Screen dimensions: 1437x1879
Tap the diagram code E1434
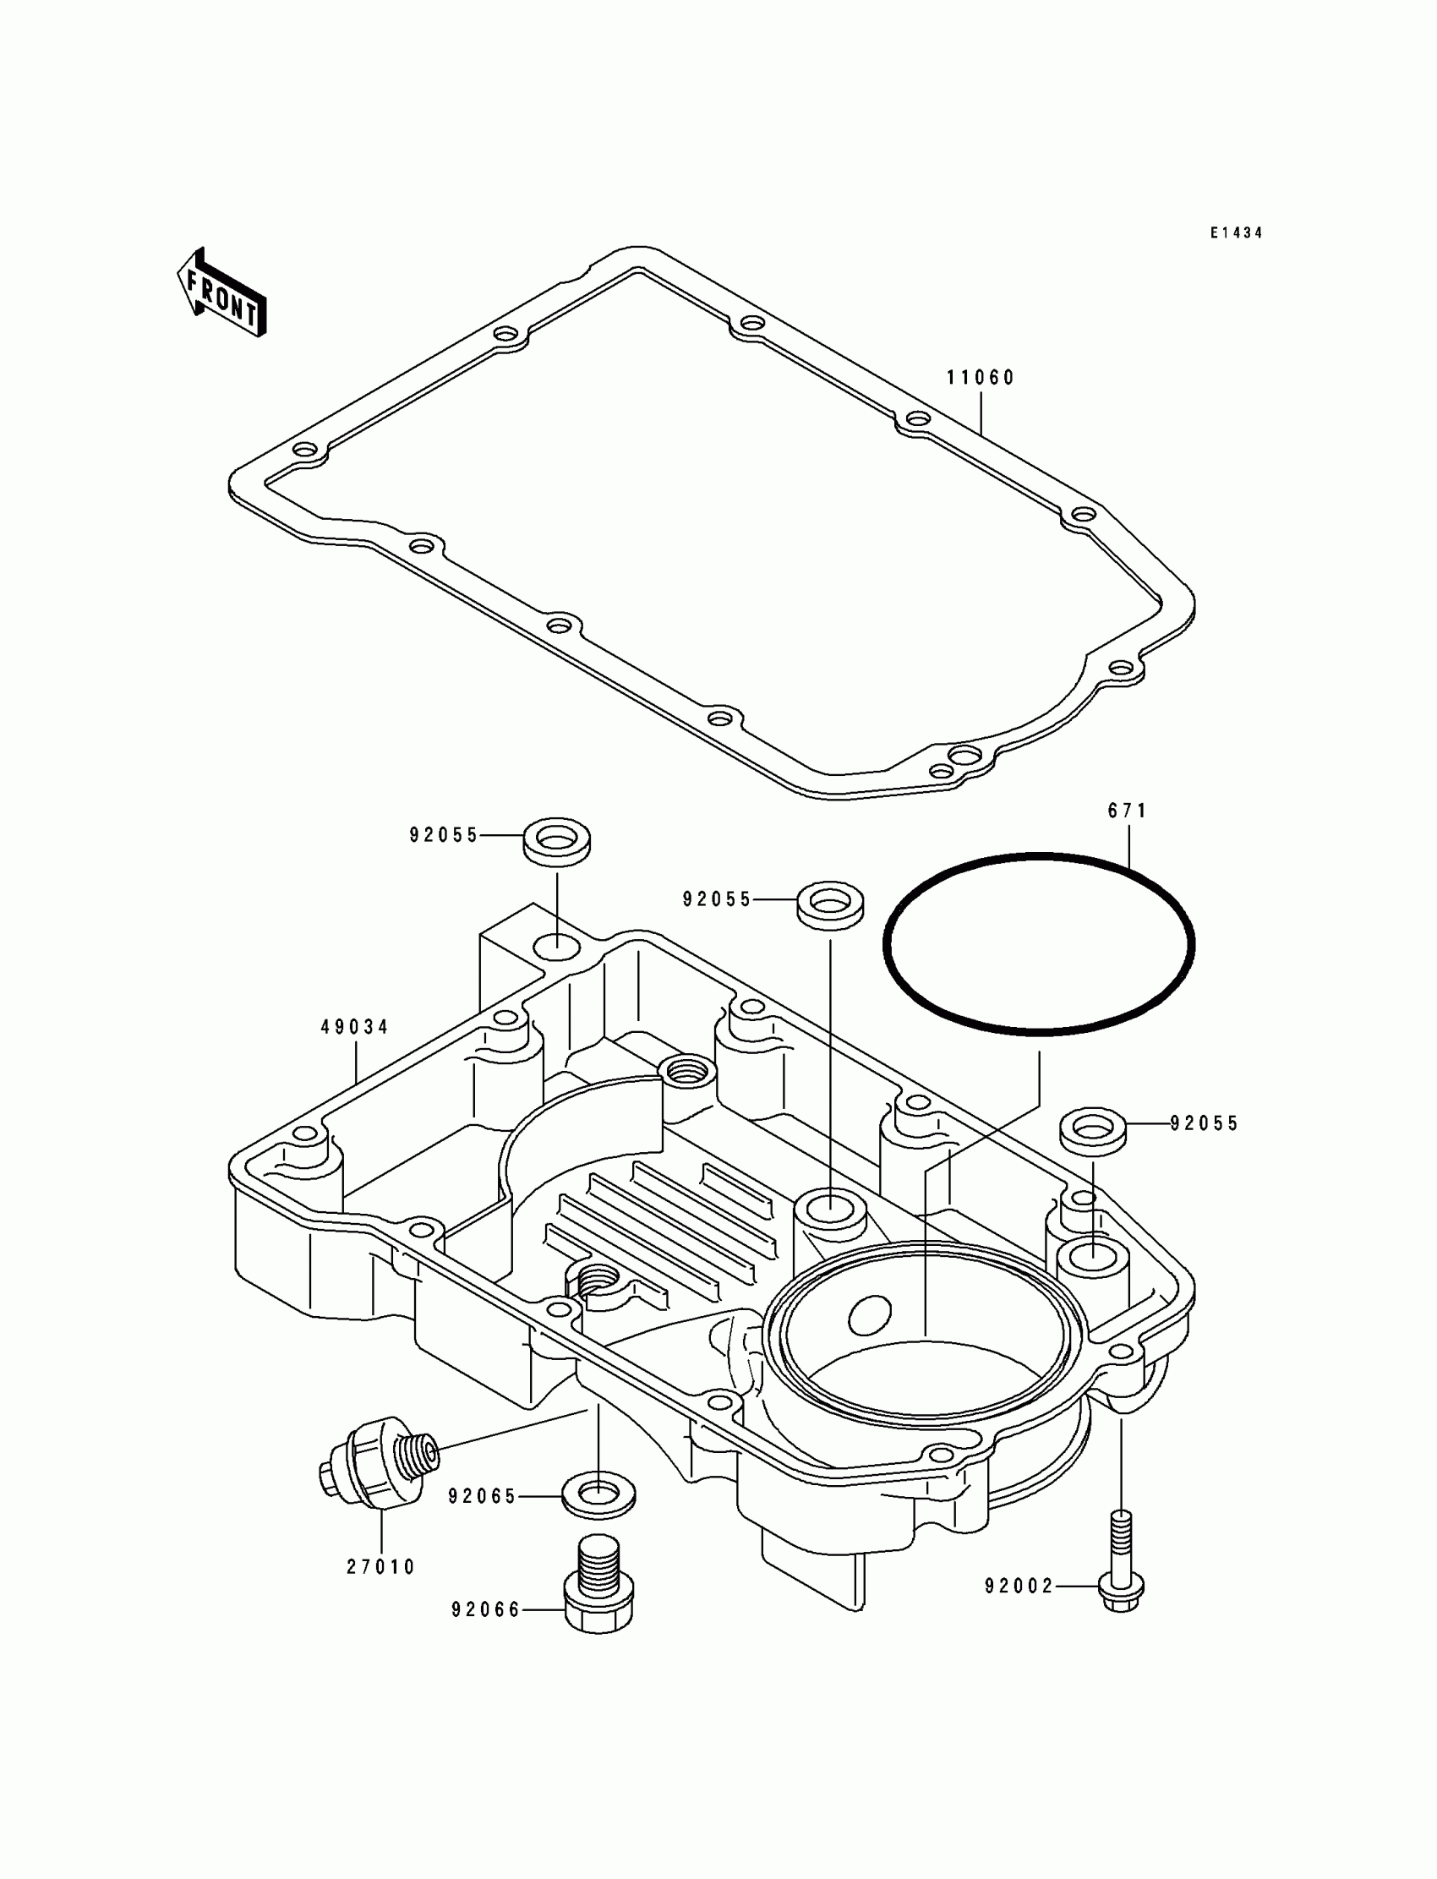point(1236,232)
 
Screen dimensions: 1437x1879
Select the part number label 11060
point(981,377)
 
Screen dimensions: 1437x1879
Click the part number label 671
point(1128,810)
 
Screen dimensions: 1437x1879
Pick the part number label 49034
point(354,1026)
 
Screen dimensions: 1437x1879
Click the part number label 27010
point(380,1567)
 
